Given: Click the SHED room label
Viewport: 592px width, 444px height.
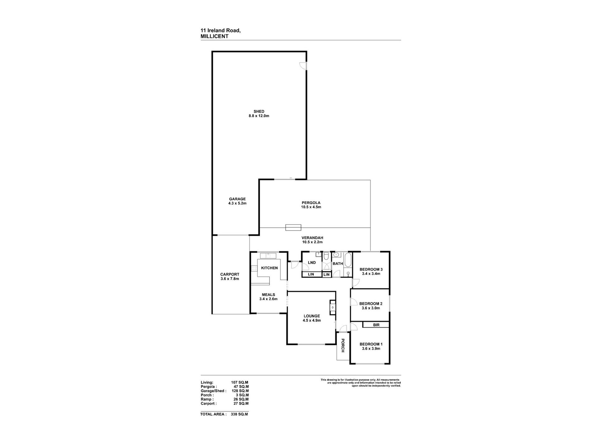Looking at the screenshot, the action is click(x=259, y=111).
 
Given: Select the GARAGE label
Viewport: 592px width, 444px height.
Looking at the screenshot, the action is click(x=237, y=199).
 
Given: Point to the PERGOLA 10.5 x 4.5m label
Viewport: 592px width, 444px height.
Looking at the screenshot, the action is click(x=311, y=205).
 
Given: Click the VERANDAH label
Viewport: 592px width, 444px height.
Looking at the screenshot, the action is click(x=312, y=238).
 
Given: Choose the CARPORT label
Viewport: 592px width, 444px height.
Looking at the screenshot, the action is click(x=230, y=275).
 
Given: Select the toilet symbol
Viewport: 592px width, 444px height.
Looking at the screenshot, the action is click(x=326, y=256).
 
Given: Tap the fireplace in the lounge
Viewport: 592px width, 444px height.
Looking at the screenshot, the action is click(x=333, y=308).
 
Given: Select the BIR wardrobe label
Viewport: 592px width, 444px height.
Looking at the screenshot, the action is click(x=376, y=325).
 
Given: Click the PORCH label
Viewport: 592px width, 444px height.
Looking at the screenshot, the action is click(x=343, y=346).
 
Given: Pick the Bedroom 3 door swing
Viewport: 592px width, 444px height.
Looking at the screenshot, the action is click(x=356, y=283).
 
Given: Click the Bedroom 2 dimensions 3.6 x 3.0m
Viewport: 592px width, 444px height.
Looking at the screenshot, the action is click(x=371, y=308).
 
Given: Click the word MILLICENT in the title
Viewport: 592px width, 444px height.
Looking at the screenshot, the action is click(x=215, y=36).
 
